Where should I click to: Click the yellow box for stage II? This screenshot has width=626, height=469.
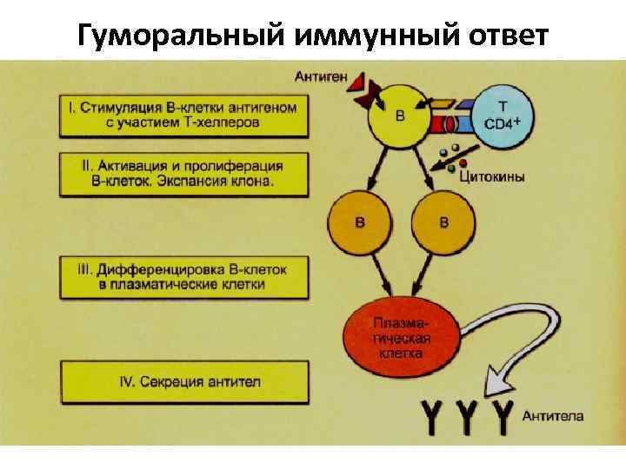(183, 174)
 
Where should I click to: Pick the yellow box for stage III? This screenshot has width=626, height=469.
(183, 277)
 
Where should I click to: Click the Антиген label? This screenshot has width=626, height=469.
(321, 76)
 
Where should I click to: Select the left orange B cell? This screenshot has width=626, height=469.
(358, 222)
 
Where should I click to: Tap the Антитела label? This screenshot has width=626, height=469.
(553, 415)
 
